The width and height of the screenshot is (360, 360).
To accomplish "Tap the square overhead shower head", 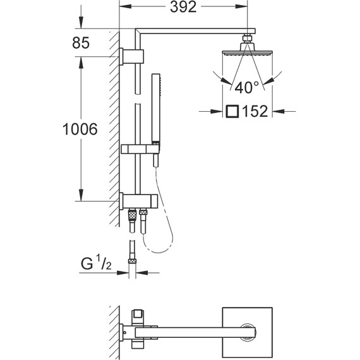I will point(245,54).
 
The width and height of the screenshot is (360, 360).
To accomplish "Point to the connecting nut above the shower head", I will point(245,42).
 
